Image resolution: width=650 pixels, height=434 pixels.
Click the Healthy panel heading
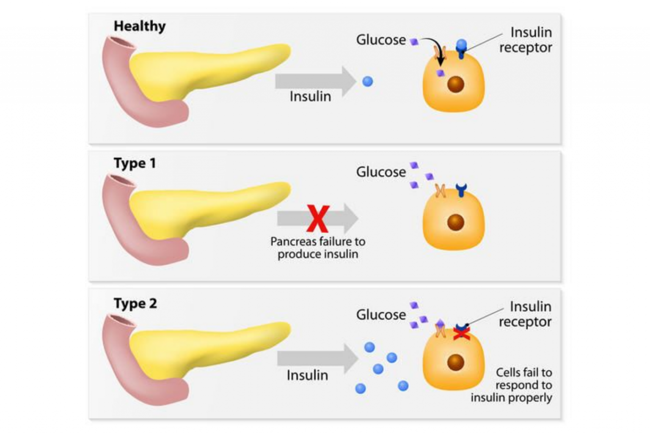[x=140, y=26]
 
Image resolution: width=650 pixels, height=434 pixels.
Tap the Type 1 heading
[x=135, y=163]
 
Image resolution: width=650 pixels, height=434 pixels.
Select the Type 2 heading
[x=135, y=304]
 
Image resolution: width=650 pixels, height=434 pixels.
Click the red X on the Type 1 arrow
[x=318, y=219]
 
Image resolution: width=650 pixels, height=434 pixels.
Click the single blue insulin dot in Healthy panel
[x=368, y=81]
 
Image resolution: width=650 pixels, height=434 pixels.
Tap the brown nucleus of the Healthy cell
[x=456, y=85]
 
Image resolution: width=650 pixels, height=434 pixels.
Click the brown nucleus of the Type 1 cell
[x=456, y=222]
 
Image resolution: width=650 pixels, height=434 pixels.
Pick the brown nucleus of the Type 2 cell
[x=456, y=362]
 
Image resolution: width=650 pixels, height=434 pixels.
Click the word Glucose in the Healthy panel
[x=381, y=40]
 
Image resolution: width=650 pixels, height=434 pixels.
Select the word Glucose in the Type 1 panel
[x=381, y=172]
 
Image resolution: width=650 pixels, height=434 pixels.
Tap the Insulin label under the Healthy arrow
[x=310, y=96]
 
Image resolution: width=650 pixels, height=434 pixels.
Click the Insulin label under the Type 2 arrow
[x=307, y=375]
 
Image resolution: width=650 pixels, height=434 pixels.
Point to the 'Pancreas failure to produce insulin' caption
[x=318, y=248]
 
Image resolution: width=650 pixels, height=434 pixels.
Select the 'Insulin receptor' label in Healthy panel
[x=526, y=40]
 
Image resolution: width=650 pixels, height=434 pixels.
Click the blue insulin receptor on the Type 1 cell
[x=461, y=190]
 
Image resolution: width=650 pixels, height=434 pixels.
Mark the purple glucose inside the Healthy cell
[x=441, y=73]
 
